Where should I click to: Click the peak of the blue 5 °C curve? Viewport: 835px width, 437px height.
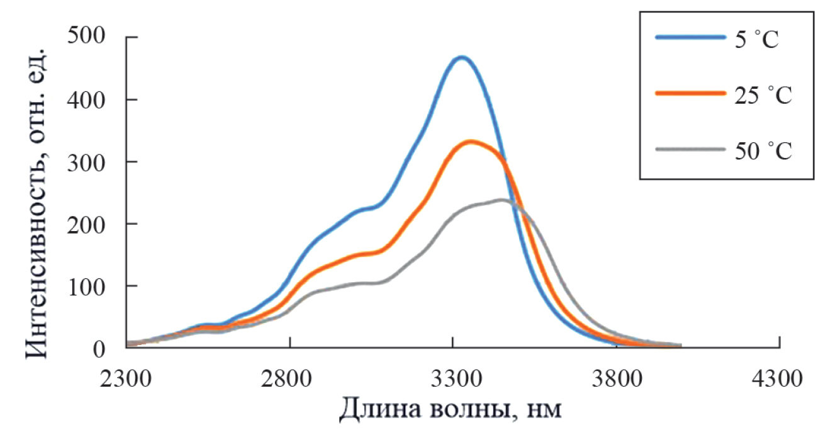tap(462, 58)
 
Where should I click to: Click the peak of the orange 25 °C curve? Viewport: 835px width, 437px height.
tap(471, 142)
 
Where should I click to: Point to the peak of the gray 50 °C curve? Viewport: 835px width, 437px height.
tap(502, 200)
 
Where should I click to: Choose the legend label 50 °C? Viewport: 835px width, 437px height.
tap(762, 152)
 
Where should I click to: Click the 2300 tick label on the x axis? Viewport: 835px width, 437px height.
tap(126, 380)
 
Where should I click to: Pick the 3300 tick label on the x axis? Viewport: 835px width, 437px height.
tap(452, 380)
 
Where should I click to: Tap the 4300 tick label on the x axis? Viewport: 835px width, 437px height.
tap(780, 380)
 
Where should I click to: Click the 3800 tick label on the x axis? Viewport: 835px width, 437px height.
tap(616, 380)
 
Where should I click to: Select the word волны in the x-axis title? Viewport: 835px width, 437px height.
tap(463, 411)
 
